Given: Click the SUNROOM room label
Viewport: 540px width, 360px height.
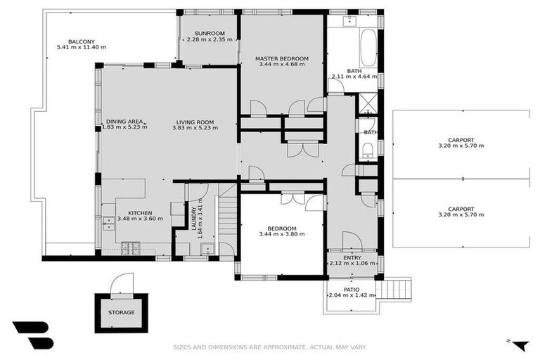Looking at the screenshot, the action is click(x=210, y=34).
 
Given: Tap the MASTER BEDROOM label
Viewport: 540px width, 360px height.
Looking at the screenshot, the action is click(x=282, y=58).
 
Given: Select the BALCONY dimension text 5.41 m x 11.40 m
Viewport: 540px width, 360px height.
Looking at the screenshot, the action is click(x=82, y=47).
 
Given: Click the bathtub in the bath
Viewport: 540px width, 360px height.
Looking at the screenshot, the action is click(x=368, y=48).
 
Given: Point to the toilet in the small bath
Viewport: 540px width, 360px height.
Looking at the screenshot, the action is click(x=368, y=150).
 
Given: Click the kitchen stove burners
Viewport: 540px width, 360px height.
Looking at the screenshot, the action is click(x=131, y=248).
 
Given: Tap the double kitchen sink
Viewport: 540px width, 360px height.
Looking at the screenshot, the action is click(x=109, y=223).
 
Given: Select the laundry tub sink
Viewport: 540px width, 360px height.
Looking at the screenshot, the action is click(x=207, y=249).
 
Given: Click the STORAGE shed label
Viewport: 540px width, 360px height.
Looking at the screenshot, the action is click(x=121, y=312).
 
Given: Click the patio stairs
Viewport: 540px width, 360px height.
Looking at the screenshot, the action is click(x=397, y=289).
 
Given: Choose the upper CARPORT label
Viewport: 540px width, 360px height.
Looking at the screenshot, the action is click(x=461, y=140).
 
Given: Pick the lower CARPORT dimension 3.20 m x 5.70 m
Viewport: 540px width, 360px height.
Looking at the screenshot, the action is click(x=461, y=214).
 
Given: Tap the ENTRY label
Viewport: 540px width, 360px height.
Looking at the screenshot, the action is click(x=352, y=257).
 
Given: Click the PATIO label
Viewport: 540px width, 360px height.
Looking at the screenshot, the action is click(x=352, y=290).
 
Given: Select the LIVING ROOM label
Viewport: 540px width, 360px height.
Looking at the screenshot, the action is click(x=195, y=122).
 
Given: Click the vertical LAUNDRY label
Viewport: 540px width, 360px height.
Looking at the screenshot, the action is click(x=194, y=219).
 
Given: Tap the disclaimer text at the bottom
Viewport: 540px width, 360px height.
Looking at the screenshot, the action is click(x=270, y=347).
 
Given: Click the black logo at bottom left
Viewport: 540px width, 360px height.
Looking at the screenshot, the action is click(x=34, y=335).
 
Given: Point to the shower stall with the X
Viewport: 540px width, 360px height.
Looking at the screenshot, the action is click(x=368, y=103).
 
